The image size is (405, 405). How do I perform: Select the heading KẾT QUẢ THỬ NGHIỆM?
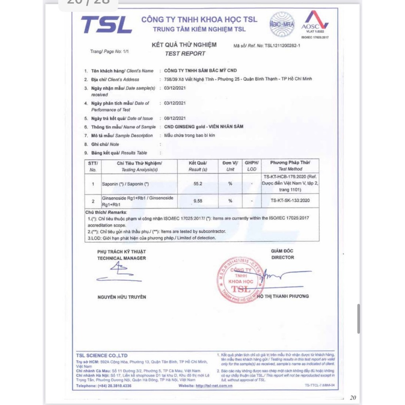(184, 45)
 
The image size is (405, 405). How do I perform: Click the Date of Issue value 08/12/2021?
(175, 118)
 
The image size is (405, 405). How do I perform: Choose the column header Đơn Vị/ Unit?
(230, 166)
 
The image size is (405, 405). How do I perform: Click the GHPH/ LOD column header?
(251, 166)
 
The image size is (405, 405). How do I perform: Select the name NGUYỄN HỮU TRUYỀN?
(121, 297)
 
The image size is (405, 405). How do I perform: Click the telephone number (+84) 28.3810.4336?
(115, 385)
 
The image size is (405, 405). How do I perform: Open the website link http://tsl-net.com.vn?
(214, 385)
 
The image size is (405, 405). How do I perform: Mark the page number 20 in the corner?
(353, 398)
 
